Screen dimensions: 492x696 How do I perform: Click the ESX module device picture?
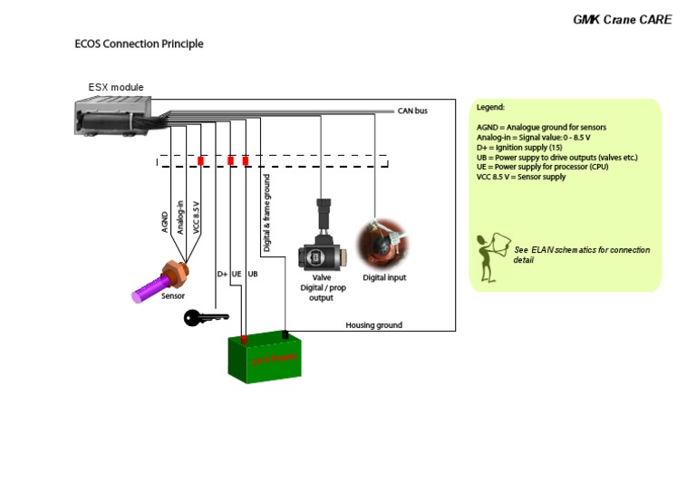point(113,114)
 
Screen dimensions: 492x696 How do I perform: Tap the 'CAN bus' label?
point(412,111)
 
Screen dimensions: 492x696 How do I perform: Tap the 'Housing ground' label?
point(374,325)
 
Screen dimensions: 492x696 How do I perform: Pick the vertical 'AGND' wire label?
point(165,222)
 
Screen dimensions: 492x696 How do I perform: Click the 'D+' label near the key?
point(222,274)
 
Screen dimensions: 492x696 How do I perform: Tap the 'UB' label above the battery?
point(253,274)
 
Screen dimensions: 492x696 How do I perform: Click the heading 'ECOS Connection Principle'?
point(139,43)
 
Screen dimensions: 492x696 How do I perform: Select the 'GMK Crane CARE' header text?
point(622,19)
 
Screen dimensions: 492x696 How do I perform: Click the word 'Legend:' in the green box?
point(490,107)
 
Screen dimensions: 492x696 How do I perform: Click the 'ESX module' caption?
point(115,88)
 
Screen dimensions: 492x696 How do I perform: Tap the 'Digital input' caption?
point(384,277)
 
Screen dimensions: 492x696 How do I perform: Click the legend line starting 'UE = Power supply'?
point(542,168)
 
